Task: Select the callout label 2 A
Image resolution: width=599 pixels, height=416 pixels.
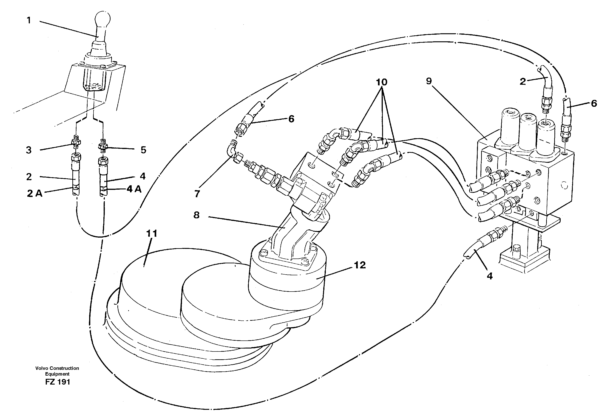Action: [34, 193]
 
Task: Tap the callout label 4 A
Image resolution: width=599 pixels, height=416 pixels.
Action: [134, 189]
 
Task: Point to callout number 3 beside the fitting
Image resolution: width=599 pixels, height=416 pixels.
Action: [29, 150]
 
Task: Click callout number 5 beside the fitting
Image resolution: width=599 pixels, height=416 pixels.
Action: [143, 150]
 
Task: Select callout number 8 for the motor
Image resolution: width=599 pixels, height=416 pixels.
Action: [196, 215]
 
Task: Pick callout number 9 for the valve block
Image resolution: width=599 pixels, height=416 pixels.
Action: [429, 81]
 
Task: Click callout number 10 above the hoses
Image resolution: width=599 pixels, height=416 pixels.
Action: [381, 82]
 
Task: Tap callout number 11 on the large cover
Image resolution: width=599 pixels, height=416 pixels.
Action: [152, 233]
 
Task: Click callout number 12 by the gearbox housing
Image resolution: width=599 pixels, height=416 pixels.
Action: [360, 265]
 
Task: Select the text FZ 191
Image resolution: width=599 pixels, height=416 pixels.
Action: [57, 382]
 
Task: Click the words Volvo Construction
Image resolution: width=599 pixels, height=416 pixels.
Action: [57, 368]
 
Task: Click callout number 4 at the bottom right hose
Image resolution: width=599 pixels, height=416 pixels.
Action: [490, 276]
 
